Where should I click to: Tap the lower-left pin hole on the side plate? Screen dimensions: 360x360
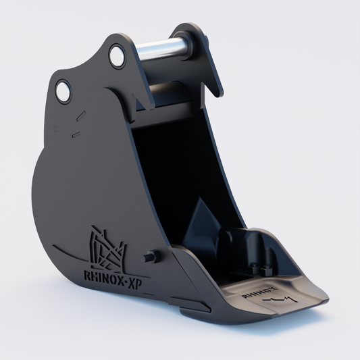[63, 92]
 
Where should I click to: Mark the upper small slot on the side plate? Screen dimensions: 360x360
[81, 115]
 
